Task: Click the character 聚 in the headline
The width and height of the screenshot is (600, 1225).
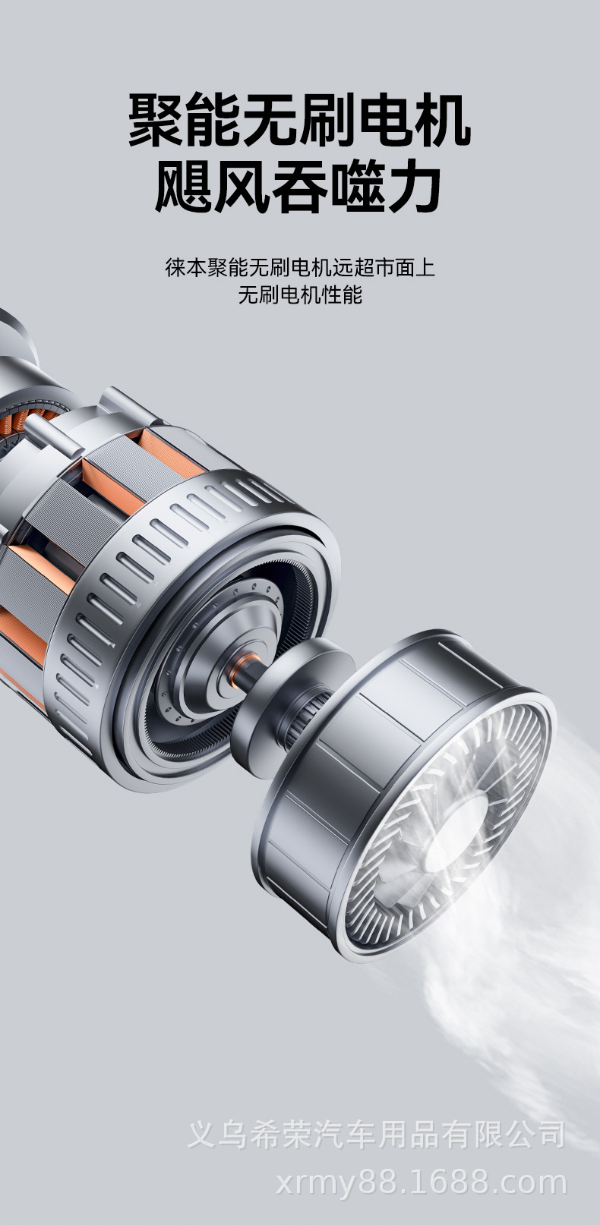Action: pos(157,121)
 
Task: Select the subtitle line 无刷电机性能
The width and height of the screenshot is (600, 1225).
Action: pos(300,295)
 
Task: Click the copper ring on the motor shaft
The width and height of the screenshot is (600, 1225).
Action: pos(238,670)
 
